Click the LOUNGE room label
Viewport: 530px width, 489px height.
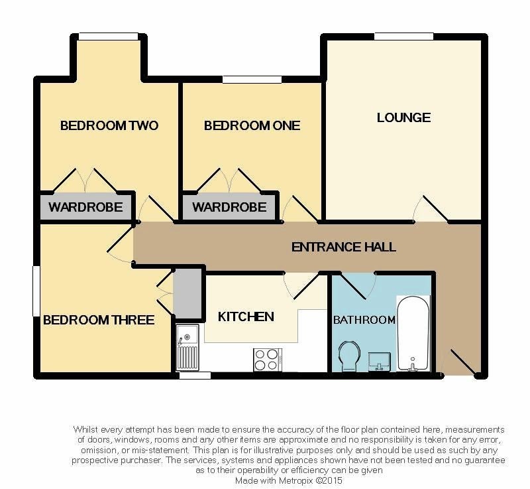pos(403,117)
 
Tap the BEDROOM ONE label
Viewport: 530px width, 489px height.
pos(252,126)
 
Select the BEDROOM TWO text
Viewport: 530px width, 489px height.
pos(109,126)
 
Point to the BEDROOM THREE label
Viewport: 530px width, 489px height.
pos(98,320)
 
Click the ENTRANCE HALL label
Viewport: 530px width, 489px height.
pos(343,247)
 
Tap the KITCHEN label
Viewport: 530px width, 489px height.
pos(246,316)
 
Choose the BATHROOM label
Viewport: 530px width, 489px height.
pos(364,320)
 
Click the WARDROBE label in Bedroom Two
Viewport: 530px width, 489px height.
pos(85,207)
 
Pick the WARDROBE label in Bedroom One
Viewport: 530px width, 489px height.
pos(229,207)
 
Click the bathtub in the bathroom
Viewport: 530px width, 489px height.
pos(413,333)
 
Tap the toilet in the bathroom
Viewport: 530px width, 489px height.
pos(349,356)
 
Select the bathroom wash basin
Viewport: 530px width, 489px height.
pos(379,362)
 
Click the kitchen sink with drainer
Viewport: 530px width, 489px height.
pos(187,347)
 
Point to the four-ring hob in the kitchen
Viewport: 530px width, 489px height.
pos(268,360)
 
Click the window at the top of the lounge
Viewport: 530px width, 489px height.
pos(404,36)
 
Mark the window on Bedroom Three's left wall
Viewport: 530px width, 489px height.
pos(36,291)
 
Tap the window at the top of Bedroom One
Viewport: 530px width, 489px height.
pos(252,79)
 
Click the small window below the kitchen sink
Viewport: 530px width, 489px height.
pos(195,376)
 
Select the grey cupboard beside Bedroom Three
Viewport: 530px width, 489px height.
pos(187,293)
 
